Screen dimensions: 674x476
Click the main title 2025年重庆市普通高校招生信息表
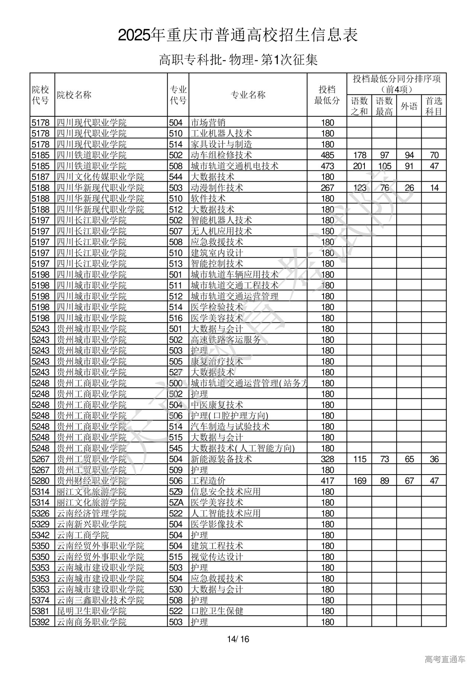(238, 35)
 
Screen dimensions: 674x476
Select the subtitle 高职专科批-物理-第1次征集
(238, 60)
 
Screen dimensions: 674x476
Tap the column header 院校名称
(74, 95)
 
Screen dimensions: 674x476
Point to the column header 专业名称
(248, 95)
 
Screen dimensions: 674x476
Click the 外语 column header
(409, 106)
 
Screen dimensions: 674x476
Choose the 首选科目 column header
(434, 106)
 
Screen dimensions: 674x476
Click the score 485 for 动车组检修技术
(327, 155)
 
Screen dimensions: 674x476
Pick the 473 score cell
(327, 166)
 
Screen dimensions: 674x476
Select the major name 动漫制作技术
(217, 188)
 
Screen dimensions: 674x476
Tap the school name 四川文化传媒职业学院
(100, 177)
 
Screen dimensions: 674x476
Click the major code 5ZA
(176, 502)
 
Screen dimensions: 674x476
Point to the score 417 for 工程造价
(327, 481)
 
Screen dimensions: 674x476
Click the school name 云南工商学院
(83, 535)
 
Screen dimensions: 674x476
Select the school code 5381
(41, 611)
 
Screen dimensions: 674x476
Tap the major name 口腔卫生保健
(217, 611)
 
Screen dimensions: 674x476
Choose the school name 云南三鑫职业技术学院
(100, 600)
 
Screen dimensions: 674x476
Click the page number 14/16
(238, 639)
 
